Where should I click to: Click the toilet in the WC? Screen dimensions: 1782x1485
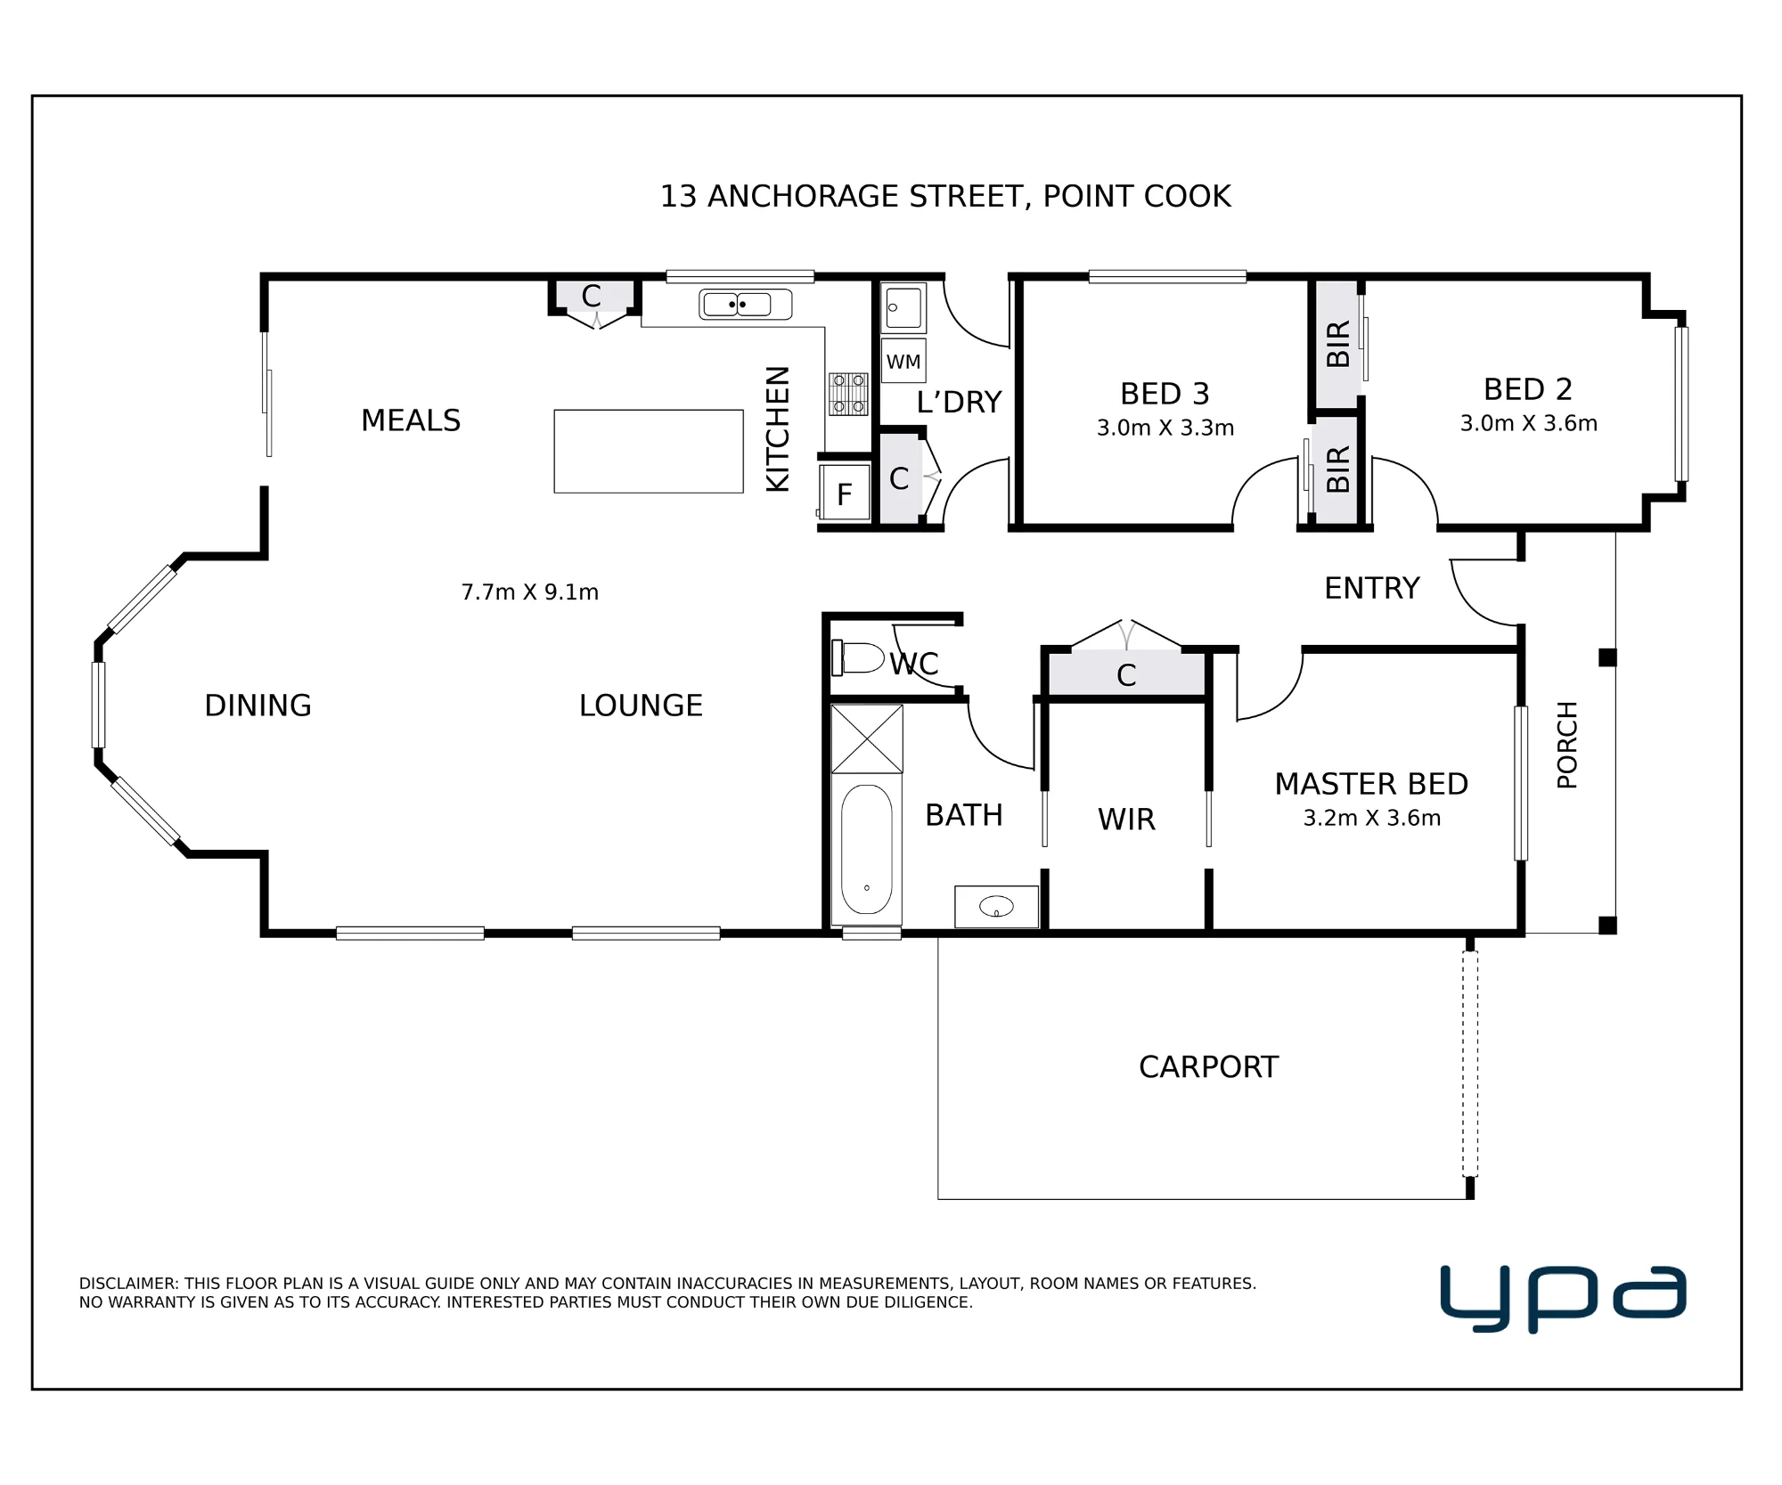coord(857,658)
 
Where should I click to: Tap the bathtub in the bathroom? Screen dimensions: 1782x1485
coord(866,849)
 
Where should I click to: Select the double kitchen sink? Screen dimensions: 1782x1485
coord(746,305)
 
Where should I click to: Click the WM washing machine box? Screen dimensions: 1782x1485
coord(903,361)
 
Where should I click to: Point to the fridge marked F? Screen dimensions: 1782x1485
coord(845,492)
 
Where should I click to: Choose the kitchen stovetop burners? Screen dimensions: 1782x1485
coord(848,394)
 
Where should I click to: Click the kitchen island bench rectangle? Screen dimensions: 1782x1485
coord(649,451)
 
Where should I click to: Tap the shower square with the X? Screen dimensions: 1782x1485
coord(867,738)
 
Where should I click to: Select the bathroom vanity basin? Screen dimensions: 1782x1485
coord(996,907)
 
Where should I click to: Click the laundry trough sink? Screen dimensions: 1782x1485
coord(903,308)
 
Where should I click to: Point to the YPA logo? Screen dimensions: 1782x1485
coord(1563,1299)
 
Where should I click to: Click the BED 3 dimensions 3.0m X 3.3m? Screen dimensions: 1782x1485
coord(1165,428)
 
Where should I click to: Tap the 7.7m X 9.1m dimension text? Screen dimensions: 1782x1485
coord(530,592)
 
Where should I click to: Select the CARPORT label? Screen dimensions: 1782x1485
coord(1208,1067)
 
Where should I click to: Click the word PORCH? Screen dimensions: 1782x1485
coord(1567,745)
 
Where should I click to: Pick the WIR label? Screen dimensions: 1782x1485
coord(1126,820)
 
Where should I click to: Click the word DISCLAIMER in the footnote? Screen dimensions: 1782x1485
coord(129,1284)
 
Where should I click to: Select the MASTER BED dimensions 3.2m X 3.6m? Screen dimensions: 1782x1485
coord(1372,819)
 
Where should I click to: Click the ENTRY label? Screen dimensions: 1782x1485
coord(1372,588)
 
